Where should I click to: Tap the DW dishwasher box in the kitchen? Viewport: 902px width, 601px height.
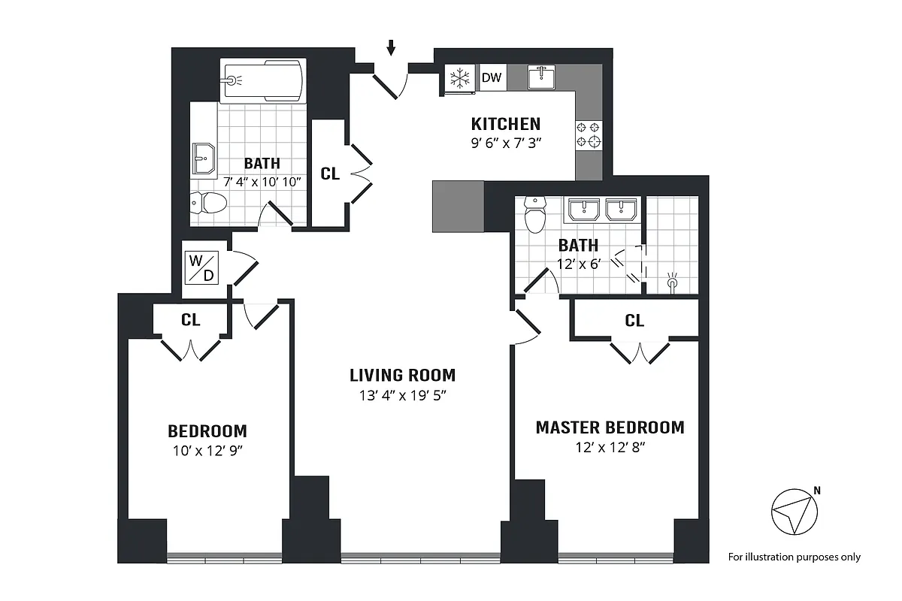(492, 77)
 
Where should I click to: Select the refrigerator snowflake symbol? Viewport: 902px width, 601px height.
(459, 77)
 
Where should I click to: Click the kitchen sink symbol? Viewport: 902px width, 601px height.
(541, 77)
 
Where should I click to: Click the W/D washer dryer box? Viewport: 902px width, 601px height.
(201, 267)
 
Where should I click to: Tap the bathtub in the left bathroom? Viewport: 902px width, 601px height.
(263, 79)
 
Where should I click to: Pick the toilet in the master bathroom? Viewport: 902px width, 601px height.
(535, 215)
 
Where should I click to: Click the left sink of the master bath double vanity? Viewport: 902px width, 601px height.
(583, 210)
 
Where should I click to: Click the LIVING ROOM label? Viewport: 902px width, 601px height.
(402, 375)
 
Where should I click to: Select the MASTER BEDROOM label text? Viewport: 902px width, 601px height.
(610, 427)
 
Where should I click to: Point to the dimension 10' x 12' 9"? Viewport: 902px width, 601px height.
(207, 452)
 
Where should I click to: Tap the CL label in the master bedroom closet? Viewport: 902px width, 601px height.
(634, 321)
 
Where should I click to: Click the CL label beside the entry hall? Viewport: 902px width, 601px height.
(330, 174)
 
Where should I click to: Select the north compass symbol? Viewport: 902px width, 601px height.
(795, 513)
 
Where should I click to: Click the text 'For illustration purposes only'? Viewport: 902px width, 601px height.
(795, 557)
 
